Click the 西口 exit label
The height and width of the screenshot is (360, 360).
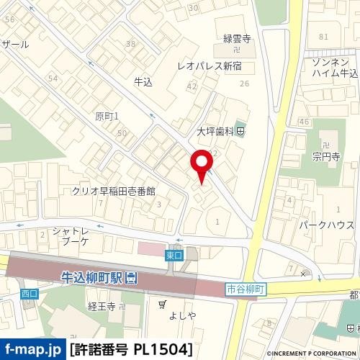click(x=29, y=294)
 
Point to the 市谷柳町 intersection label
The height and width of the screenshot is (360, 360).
click(x=246, y=288)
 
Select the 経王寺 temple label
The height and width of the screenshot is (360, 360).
click(x=102, y=307)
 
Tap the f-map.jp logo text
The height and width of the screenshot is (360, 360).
click(x=32, y=349)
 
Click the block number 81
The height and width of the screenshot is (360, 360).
click(x=323, y=36)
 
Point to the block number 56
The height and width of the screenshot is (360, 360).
click(x=9, y=20)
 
